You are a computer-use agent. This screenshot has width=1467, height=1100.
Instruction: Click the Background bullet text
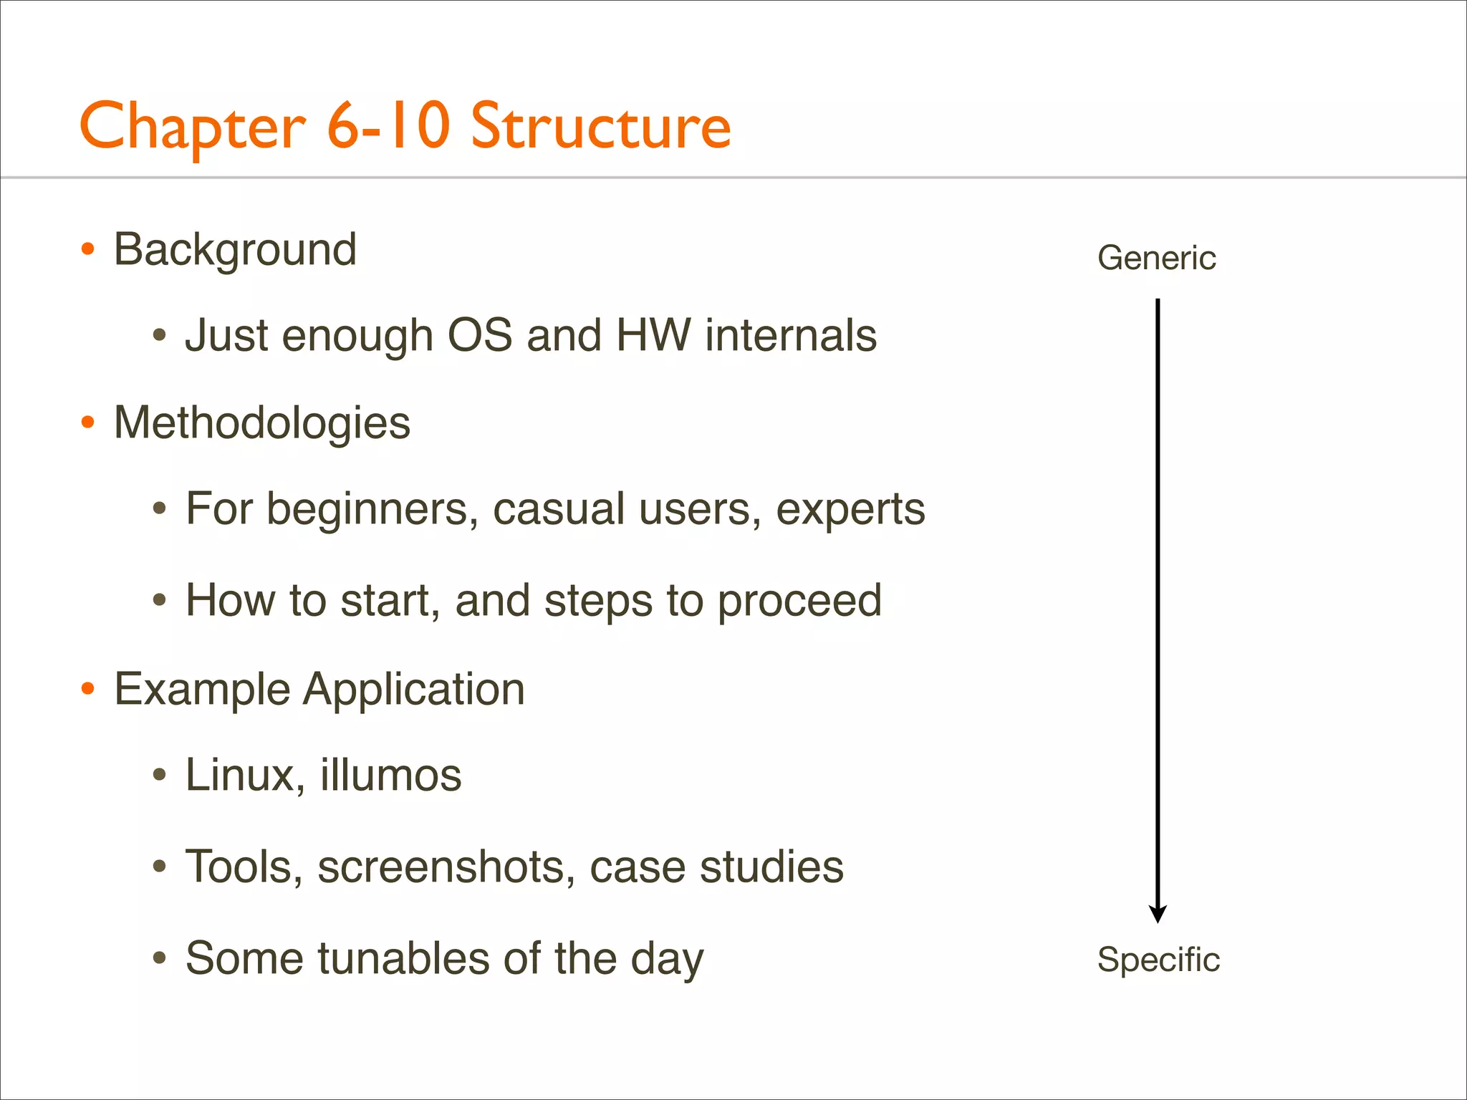coord(235,250)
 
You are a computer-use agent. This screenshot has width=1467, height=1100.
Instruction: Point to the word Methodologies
coord(262,423)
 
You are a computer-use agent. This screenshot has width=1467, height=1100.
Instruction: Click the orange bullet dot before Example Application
coord(87,689)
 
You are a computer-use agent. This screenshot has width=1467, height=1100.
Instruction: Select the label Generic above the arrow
coord(1156,258)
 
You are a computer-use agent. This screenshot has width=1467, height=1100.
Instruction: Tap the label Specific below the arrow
coord(1158,960)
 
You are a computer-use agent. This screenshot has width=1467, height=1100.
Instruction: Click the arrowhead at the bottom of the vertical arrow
coord(1158,914)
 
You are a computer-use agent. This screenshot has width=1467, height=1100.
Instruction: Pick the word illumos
coord(390,775)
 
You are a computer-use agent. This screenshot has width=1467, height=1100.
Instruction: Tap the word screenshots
coord(446,867)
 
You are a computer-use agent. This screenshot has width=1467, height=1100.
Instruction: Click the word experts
coord(850,510)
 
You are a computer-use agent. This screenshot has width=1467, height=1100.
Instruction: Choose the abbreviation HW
coord(653,335)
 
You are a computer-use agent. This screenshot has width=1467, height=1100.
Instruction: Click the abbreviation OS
coord(480,335)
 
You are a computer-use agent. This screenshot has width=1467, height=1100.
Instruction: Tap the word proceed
coord(799,602)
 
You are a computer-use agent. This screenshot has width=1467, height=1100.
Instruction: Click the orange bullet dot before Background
coord(87,249)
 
